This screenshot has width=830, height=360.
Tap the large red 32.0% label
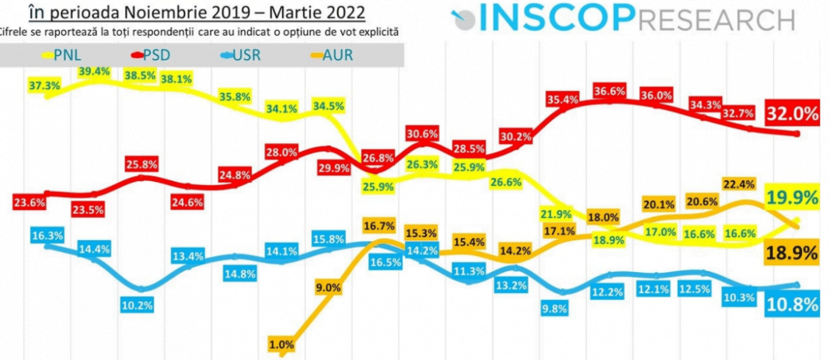[792, 114]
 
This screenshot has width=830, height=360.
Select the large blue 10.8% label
[792, 305]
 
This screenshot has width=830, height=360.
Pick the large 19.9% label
[792, 198]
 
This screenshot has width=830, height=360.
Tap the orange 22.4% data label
[739, 184]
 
